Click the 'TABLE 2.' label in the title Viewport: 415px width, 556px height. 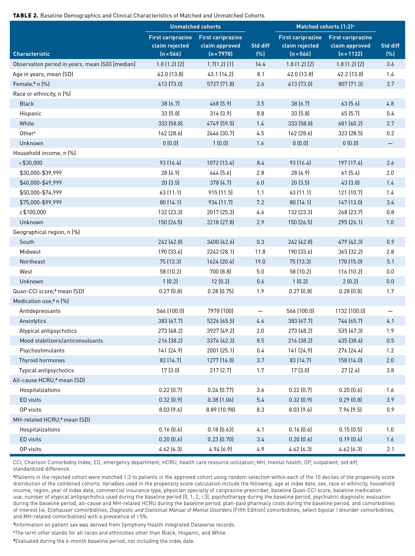[x=26, y=16]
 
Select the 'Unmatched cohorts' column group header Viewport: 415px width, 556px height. [x=195, y=27]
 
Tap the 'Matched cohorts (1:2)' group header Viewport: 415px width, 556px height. [x=325, y=26]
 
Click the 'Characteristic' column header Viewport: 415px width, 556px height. [x=31, y=54]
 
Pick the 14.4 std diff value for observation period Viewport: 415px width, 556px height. [x=260, y=64]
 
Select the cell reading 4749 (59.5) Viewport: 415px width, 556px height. [x=220, y=124]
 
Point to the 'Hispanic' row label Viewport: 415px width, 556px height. [x=31, y=114]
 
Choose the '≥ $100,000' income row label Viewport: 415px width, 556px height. [x=33, y=212]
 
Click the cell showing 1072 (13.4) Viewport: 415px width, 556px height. [x=220, y=163]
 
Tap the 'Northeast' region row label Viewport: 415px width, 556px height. [x=32, y=262]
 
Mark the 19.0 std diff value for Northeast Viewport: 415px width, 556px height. [x=260, y=262]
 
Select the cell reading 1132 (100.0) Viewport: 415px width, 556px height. [x=350, y=311]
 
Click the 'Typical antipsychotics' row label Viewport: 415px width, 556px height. [x=46, y=370]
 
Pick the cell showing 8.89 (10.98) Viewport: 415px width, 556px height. [x=220, y=410]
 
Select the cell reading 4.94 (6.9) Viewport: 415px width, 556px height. [x=220, y=449]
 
